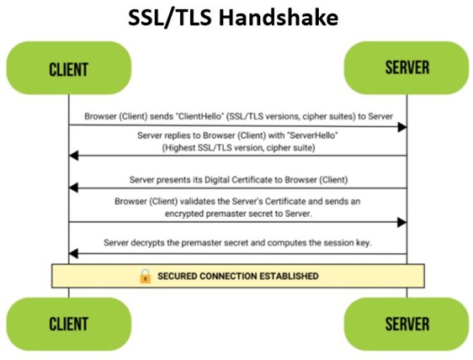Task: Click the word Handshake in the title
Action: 278,17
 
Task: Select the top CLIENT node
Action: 69,68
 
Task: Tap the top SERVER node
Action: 407,68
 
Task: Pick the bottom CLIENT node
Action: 69,324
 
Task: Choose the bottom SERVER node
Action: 407,324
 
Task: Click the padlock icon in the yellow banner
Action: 145,276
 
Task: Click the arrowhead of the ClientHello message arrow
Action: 402,127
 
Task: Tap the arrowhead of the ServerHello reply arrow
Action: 73,156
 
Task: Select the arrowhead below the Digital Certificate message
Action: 73,188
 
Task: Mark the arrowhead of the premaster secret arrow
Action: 402,223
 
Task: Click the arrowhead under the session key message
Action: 73,254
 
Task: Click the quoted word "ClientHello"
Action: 199,116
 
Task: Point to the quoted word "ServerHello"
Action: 313,135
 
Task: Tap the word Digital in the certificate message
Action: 216,180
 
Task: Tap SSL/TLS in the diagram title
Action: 169,18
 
